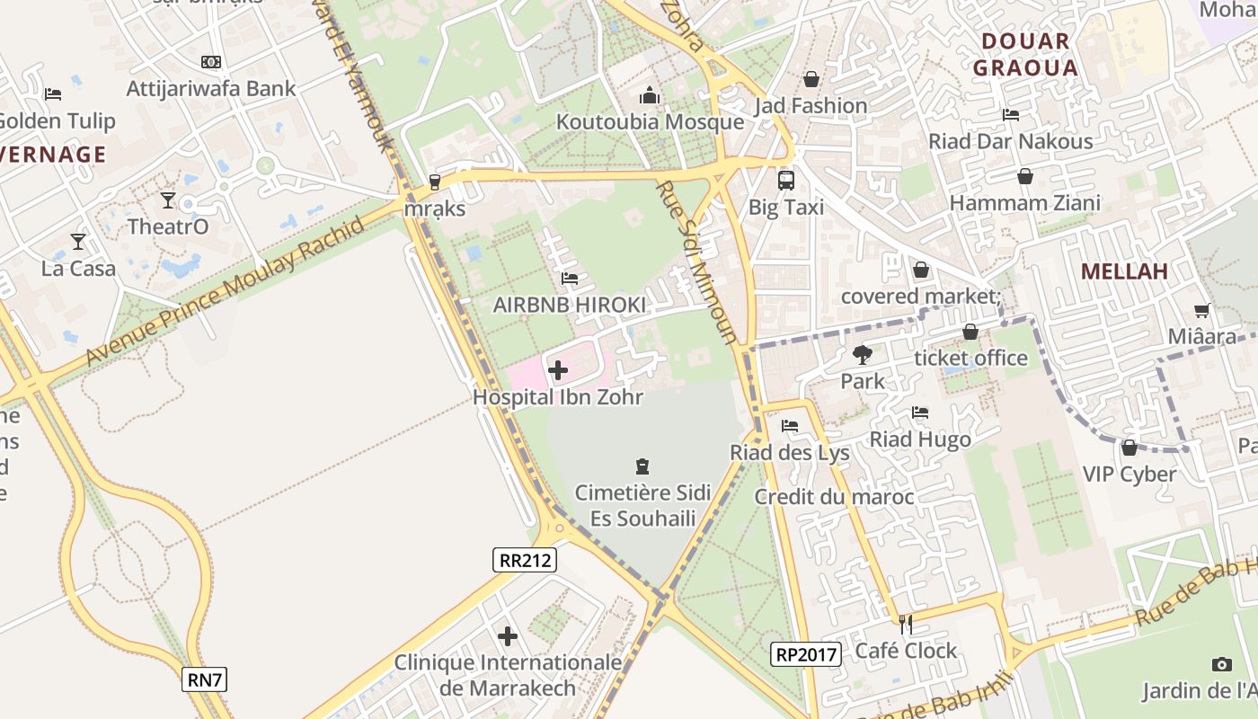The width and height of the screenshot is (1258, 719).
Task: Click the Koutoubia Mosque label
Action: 650,121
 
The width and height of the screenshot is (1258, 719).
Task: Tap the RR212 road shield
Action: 525,560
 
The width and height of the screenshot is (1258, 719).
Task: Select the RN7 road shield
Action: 205,679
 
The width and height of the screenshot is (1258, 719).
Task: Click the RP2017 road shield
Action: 805,654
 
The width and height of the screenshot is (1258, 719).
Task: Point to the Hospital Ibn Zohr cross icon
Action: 558,369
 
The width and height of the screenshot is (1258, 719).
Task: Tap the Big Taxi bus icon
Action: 786,180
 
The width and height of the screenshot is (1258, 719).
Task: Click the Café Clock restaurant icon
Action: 906,623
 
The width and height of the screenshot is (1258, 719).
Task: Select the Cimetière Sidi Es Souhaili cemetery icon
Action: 642,466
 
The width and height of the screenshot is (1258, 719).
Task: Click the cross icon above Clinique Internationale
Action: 508,636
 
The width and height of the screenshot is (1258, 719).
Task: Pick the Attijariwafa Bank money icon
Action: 211,62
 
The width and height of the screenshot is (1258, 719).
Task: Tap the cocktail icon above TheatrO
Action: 168,200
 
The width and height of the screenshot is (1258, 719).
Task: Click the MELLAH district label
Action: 1123,271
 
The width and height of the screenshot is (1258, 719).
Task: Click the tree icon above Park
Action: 863,354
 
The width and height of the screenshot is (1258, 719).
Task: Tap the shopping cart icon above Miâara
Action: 1202,311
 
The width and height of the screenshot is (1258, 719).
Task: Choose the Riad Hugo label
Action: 919,439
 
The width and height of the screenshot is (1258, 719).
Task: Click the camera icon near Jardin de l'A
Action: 1221,664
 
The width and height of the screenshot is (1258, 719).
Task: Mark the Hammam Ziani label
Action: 1024,203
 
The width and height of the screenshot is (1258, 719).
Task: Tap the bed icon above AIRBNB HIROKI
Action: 569,279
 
